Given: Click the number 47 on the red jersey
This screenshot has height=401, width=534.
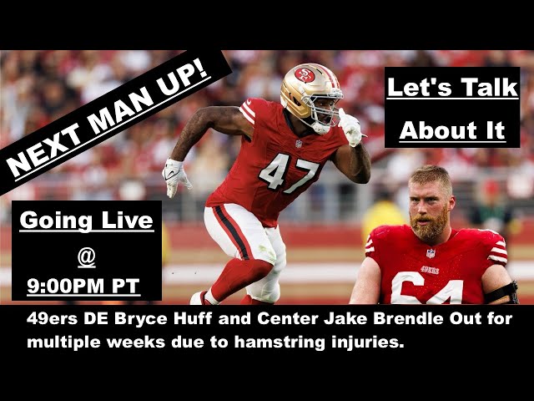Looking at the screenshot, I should point(289,172).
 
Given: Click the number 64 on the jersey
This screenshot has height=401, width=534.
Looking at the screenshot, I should point(426,292).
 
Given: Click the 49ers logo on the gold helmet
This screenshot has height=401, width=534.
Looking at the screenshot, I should point(305,76).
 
